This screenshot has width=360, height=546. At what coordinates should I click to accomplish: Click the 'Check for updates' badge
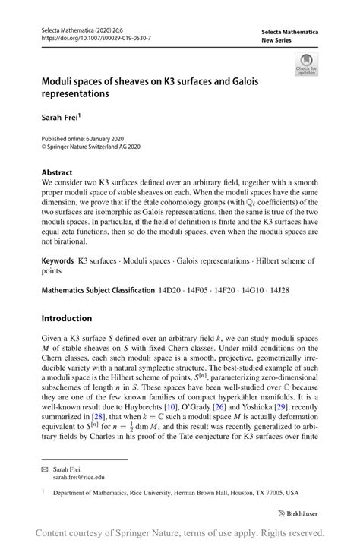306,64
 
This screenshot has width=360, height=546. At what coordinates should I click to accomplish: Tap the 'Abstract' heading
58,172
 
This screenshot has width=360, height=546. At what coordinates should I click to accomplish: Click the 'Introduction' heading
67,318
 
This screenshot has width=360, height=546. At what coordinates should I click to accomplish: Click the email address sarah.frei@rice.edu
79,478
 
